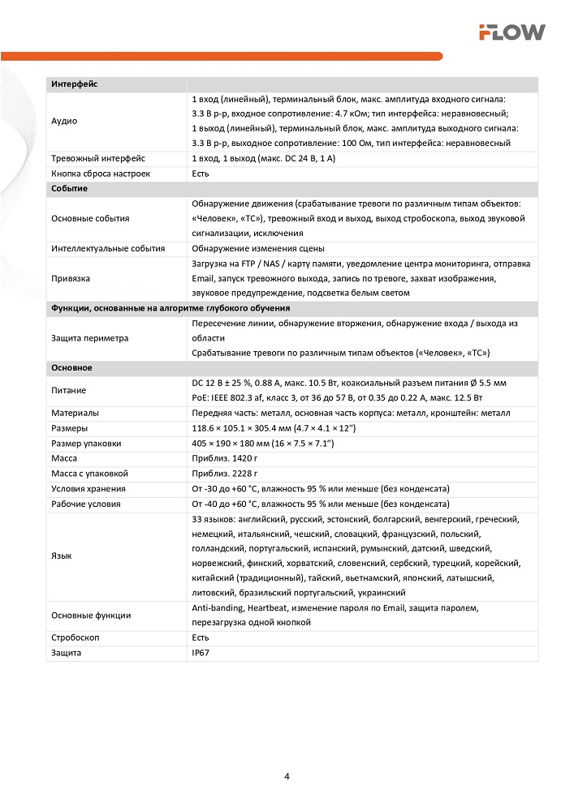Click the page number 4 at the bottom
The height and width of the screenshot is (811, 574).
[287, 776]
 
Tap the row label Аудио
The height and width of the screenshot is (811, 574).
[64, 121]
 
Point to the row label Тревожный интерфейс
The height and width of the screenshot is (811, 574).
[97, 158]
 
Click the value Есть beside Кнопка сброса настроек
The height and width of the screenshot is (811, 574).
[201, 174]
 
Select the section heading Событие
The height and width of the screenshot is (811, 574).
[69, 188]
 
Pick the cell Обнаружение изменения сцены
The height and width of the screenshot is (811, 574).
[257, 248]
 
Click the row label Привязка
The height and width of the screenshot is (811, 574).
[71, 278]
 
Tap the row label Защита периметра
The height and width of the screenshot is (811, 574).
[89, 338]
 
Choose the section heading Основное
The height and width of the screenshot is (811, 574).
[71, 368]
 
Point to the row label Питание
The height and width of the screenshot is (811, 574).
[68, 390]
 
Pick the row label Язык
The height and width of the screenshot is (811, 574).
[61, 556]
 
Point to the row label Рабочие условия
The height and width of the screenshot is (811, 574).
[85, 504]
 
